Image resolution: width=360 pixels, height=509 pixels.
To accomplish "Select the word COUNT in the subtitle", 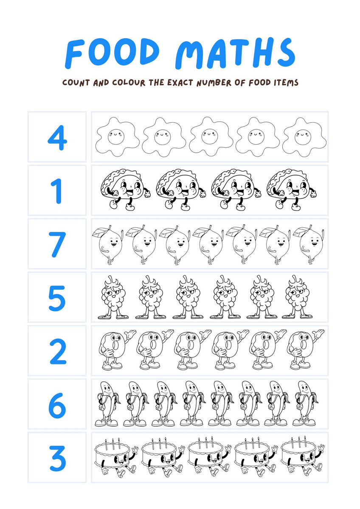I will (76, 82).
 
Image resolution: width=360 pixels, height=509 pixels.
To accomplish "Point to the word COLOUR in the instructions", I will (128, 82).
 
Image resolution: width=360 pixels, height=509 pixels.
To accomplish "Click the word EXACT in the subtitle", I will (178, 82).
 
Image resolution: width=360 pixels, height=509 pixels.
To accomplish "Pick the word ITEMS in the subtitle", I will (285, 82).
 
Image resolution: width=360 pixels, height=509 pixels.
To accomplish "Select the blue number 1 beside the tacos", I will (57, 190).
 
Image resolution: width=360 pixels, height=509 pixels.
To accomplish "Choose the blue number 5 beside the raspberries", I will (57, 298).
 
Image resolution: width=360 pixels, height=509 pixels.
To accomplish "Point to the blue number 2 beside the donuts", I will (57, 351).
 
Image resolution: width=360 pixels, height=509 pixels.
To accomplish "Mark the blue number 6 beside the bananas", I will (57, 405).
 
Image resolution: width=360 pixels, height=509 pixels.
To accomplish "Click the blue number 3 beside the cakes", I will (57, 458).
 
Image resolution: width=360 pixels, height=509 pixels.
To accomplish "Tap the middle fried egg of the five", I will (209, 137).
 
